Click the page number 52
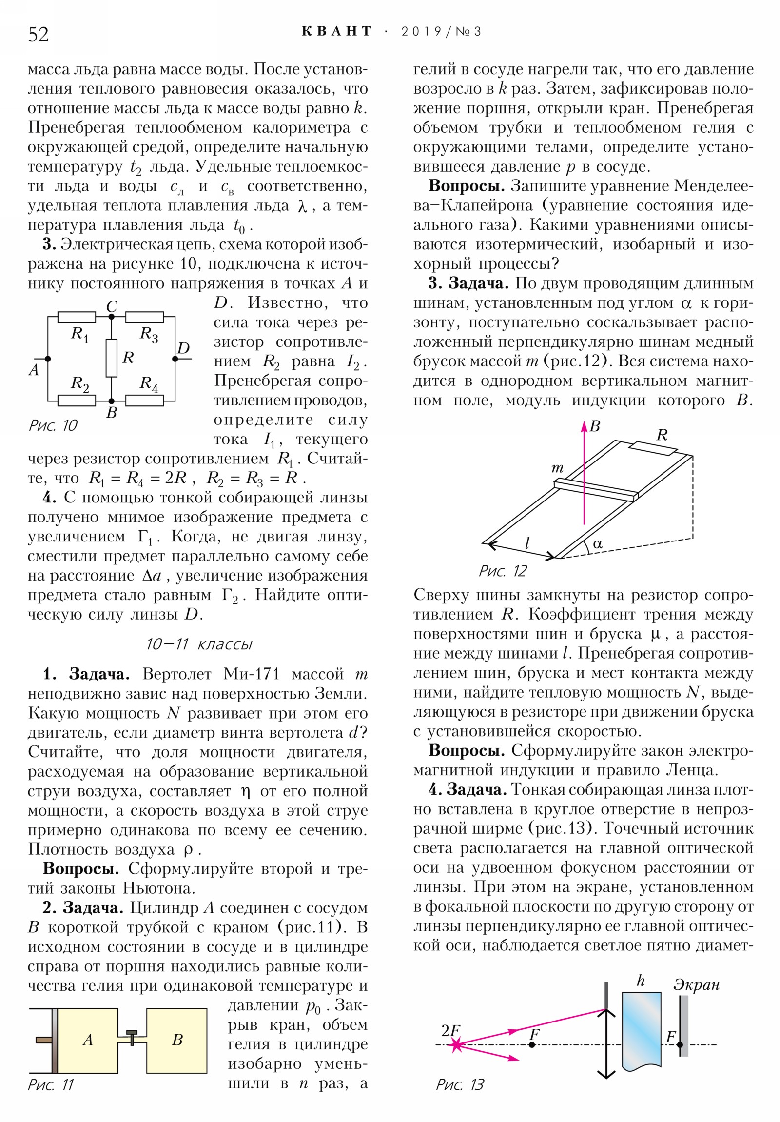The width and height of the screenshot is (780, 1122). pyautogui.click(x=39, y=35)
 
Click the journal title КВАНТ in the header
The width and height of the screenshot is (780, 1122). pyautogui.click(x=336, y=32)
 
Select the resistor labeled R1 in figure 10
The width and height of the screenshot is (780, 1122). pyautogui.click(x=77, y=317)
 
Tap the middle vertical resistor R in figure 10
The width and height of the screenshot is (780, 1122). pyautogui.click(x=111, y=358)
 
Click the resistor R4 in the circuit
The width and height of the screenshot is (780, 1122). pyautogui.click(x=145, y=400)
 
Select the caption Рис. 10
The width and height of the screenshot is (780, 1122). pyautogui.click(x=53, y=425)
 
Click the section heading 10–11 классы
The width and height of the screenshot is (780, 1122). pyautogui.click(x=199, y=644)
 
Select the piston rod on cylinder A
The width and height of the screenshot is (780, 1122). pyautogui.click(x=43, y=1040)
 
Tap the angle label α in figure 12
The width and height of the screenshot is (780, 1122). pyautogui.click(x=597, y=544)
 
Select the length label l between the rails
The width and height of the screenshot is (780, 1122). pyautogui.click(x=527, y=542)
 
